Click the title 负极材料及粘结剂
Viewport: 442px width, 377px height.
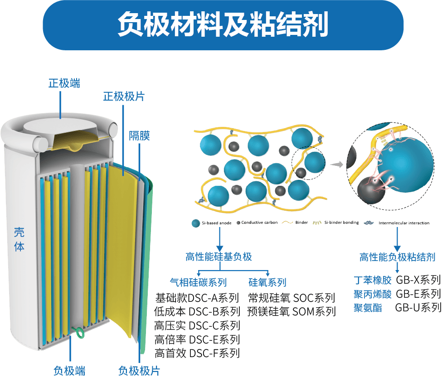point(222,25)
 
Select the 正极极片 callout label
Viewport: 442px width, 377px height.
point(124,96)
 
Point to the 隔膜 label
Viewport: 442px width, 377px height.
point(140,135)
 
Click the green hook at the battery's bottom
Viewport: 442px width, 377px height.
point(80,333)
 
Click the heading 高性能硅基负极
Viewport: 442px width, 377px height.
point(219,257)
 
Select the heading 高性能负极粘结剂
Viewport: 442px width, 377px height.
point(397,257)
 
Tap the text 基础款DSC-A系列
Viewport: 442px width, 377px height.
point(197,298)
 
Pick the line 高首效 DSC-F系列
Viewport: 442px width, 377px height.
point(197,353)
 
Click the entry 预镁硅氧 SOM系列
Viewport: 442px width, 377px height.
point(291,311)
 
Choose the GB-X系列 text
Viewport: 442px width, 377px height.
point(418,280)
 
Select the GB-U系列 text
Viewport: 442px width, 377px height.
point(418,307)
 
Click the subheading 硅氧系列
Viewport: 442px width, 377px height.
point(267,283)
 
